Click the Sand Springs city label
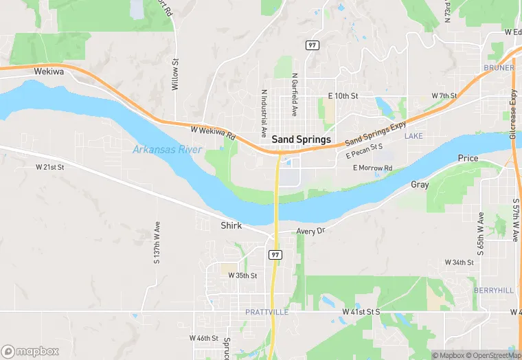click(x=301, y=139)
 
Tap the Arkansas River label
click(x=167, y=149)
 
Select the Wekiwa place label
click(x=48, y=71)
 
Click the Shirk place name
click(x=231, y=225)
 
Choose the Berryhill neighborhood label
click(x=493, y=291)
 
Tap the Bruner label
click(x=499, y=68)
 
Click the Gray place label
click(x=420, y=185)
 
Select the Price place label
click(x=468, y=159)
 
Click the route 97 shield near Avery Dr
click(x=275, y=254)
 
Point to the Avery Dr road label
click(x=310, y=232)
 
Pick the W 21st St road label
click(x=49, y=167)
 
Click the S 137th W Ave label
click(x=157, y=242)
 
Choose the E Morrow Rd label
click(x=372, y=168)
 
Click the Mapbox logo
click(x=30, y=351)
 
